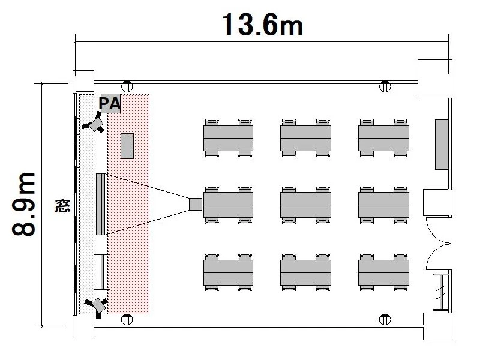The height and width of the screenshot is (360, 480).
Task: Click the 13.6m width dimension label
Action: click(x=262, y=24)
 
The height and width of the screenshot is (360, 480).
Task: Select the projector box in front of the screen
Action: click(x=196, y=204)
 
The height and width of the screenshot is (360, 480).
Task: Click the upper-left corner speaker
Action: click(x=94, y=124)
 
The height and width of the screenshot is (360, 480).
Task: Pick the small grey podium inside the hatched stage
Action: click(x=127, y=146)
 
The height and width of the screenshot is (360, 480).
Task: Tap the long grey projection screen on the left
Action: click(x=101, y=204)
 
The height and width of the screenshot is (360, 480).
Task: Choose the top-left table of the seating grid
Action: click(x=228, y=138)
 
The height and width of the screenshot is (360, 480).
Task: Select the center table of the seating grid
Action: click(x=305, y=205)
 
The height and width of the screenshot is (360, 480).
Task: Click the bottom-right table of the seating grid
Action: click(x=384, y=271)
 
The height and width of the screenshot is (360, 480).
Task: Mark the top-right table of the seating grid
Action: click(x=384, y=138)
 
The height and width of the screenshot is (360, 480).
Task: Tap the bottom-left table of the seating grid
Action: click(x=228, y=271)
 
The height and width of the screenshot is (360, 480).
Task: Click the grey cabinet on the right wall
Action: click(x=442, y=145)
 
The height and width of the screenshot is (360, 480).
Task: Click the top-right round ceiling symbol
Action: click(x=385, y=86)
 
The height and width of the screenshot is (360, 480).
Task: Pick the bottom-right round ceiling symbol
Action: click(x=385, y=319)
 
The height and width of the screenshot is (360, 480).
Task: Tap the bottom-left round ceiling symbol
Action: click(x=127, y=319)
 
